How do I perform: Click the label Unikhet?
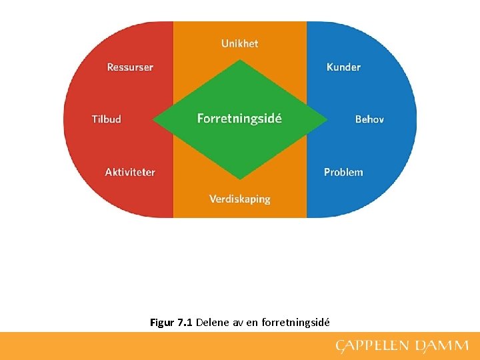pyautogui.click(x=239, y=43)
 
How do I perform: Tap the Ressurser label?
pyautogui.click(x=130, y=67)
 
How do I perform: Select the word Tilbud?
pyautogui.click(x=107, y=119)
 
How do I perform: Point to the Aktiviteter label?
pyautogui.click(x=130, y=172)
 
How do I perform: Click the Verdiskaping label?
pyautogui.click(x=239, y=199)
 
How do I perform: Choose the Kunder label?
pyautogui.click(x=343, y=67)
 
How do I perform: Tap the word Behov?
pyautogui.click(x=369, y=119)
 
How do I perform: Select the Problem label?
pyautogui.click(x=343, y=172)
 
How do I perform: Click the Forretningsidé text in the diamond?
pyautogui.click(x=239, y=119)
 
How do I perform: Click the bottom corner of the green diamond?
pyautogui.click(x=240, y=178)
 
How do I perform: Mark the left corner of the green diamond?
pyautogui.click(x=154, y=120)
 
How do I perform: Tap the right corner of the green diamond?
pyautogui.click(x=327, y=120)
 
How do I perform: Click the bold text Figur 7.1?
pyautogui.click(x=171, y=323)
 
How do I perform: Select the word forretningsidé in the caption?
pyautogui.click(x=295, y=323)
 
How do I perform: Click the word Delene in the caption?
pyautogui.click(x=212, y=323)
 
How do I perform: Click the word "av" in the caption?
pyautogui.click(x=237, y=323)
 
